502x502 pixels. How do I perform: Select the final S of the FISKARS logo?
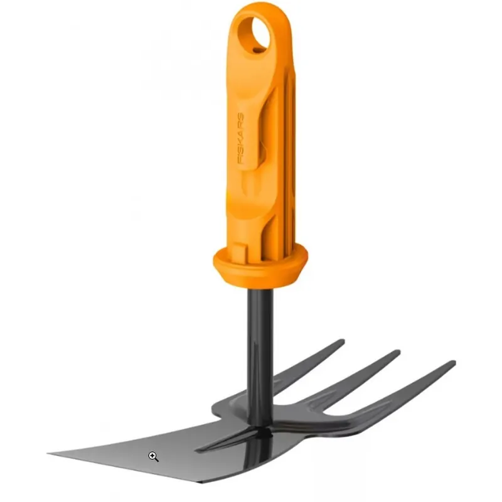coord(241,117)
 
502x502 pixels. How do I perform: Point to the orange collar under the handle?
coord(260,264)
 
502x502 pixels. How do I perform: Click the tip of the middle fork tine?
coord(396,353)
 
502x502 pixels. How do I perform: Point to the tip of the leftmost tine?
coord(341,343)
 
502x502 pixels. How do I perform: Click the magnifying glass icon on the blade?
coord(153,456)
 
